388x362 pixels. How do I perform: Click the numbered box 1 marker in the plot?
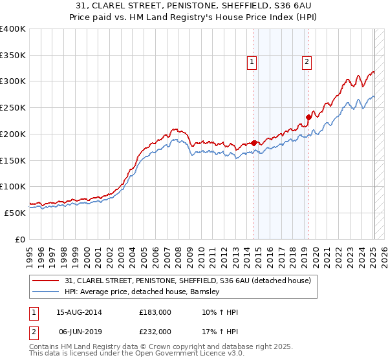tap(251, 62)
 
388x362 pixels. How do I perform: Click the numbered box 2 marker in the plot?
tap(306, 62)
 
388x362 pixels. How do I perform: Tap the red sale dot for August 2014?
tap(253, 143)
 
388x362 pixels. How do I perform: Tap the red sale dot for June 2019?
tap(308, 117)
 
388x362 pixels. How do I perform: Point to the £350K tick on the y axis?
tap(13, 56)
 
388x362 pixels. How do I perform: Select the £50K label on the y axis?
tap(16, 213)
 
